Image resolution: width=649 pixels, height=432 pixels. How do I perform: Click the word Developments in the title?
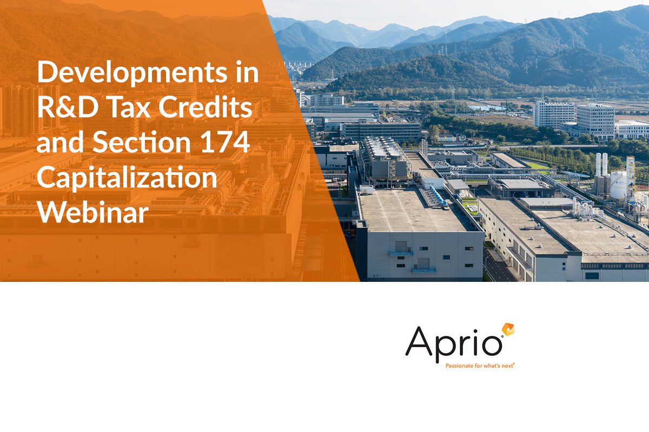132,73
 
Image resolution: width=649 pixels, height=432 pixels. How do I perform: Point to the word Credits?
205,107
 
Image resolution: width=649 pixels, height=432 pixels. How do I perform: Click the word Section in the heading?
141,142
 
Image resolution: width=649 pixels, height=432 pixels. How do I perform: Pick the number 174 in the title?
225,142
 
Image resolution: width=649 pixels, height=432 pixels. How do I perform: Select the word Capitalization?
127,179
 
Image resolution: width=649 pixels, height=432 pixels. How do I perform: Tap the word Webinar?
92,212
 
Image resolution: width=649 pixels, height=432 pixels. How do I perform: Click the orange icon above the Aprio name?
508,330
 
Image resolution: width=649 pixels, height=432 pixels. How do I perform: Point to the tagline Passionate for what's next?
480,366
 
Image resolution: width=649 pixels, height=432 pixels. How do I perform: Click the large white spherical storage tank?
618,185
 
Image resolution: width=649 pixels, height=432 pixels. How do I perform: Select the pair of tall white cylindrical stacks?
601,164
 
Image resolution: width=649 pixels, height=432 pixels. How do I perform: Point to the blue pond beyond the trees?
487,107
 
